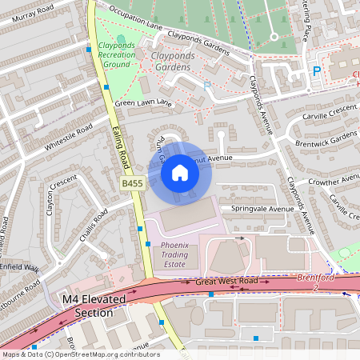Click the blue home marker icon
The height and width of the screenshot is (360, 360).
click(x=180, y=173)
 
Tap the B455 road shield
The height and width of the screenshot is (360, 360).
click(x=133, y=184)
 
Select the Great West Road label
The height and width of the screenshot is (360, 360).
click(x=226, y=282)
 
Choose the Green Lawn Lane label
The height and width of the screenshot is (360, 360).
click(x=143, y=103)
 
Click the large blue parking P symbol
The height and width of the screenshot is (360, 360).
click(x=316, y=72)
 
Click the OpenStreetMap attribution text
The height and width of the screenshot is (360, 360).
click(x=80, y=354)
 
